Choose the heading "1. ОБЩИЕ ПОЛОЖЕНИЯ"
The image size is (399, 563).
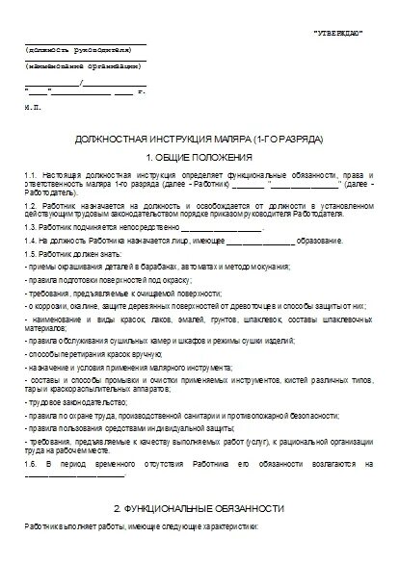(x=199, y=156)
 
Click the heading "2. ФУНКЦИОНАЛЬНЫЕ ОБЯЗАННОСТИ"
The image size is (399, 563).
(x=199, y=507)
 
